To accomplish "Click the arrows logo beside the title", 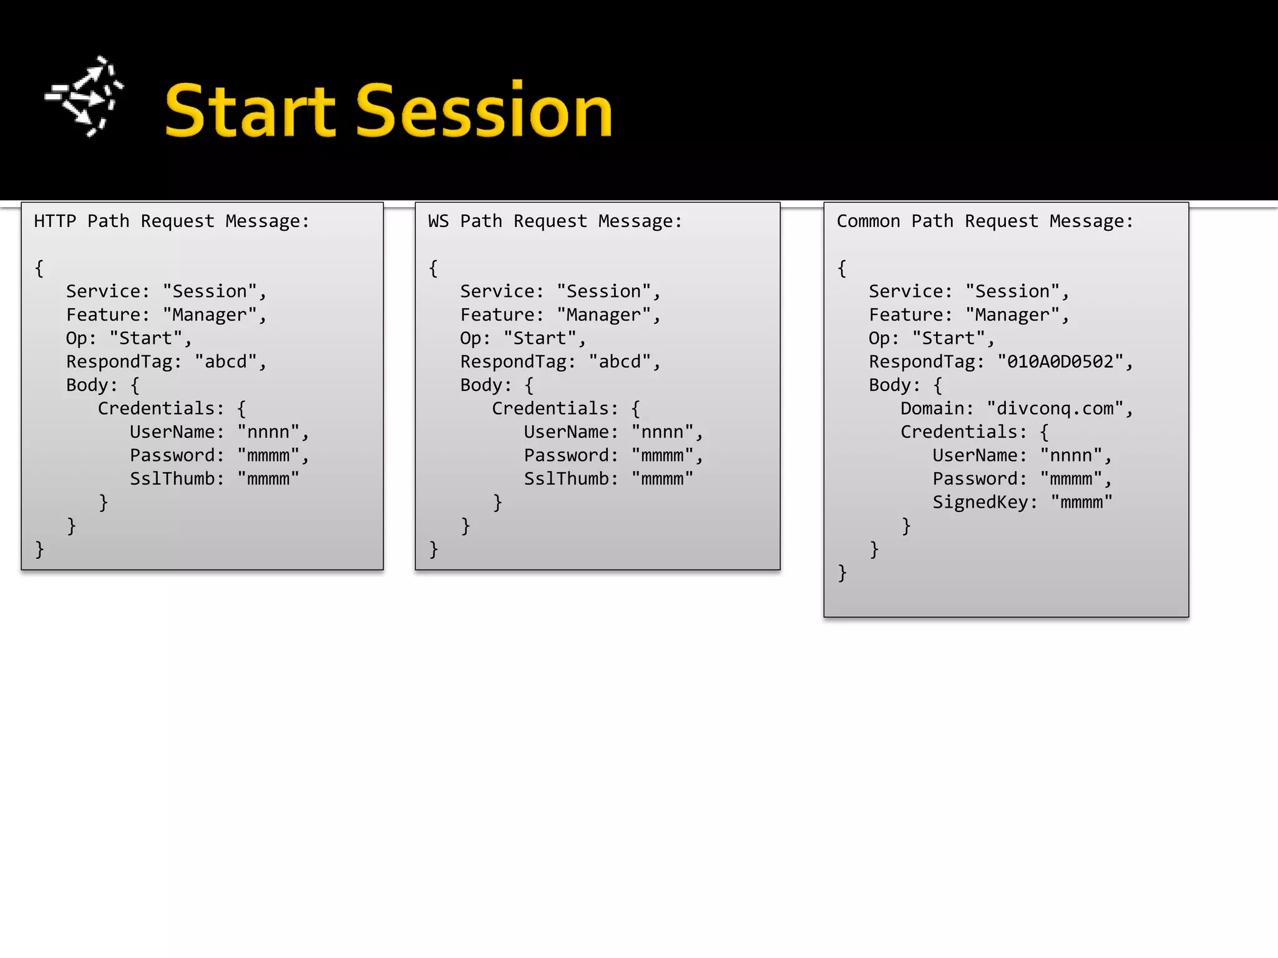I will pyautogui.click(x=84, y=97).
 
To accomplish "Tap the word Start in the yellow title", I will pyautogui.click(x=251, y=111).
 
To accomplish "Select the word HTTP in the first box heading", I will pyautogui.click(x=55, y=221).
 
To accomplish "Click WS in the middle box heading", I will pyautogui.click(x=438, y=221).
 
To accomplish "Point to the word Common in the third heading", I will pyautogui.click(x=868, y=221).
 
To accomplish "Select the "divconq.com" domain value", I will pyautogui.click(x=1055, y=409).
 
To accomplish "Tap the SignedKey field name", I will pyautogui.click(x=980, y=502).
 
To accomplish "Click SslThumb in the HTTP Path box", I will pyautogui.click(x=172, y=479).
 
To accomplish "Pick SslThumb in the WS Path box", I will pyautogui.click(x=566, y=479).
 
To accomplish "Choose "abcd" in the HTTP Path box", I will pyautogui.click(x=226, y=362).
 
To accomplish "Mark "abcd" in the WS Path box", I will pyautogui.click(x=620, y=362).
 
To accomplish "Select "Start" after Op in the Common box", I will pyautogui.click(x=949, y=339).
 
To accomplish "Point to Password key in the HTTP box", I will pyautogui.click(x=172, y=455).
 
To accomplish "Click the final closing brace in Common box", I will pyautogui.click(x=842, y=573).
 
